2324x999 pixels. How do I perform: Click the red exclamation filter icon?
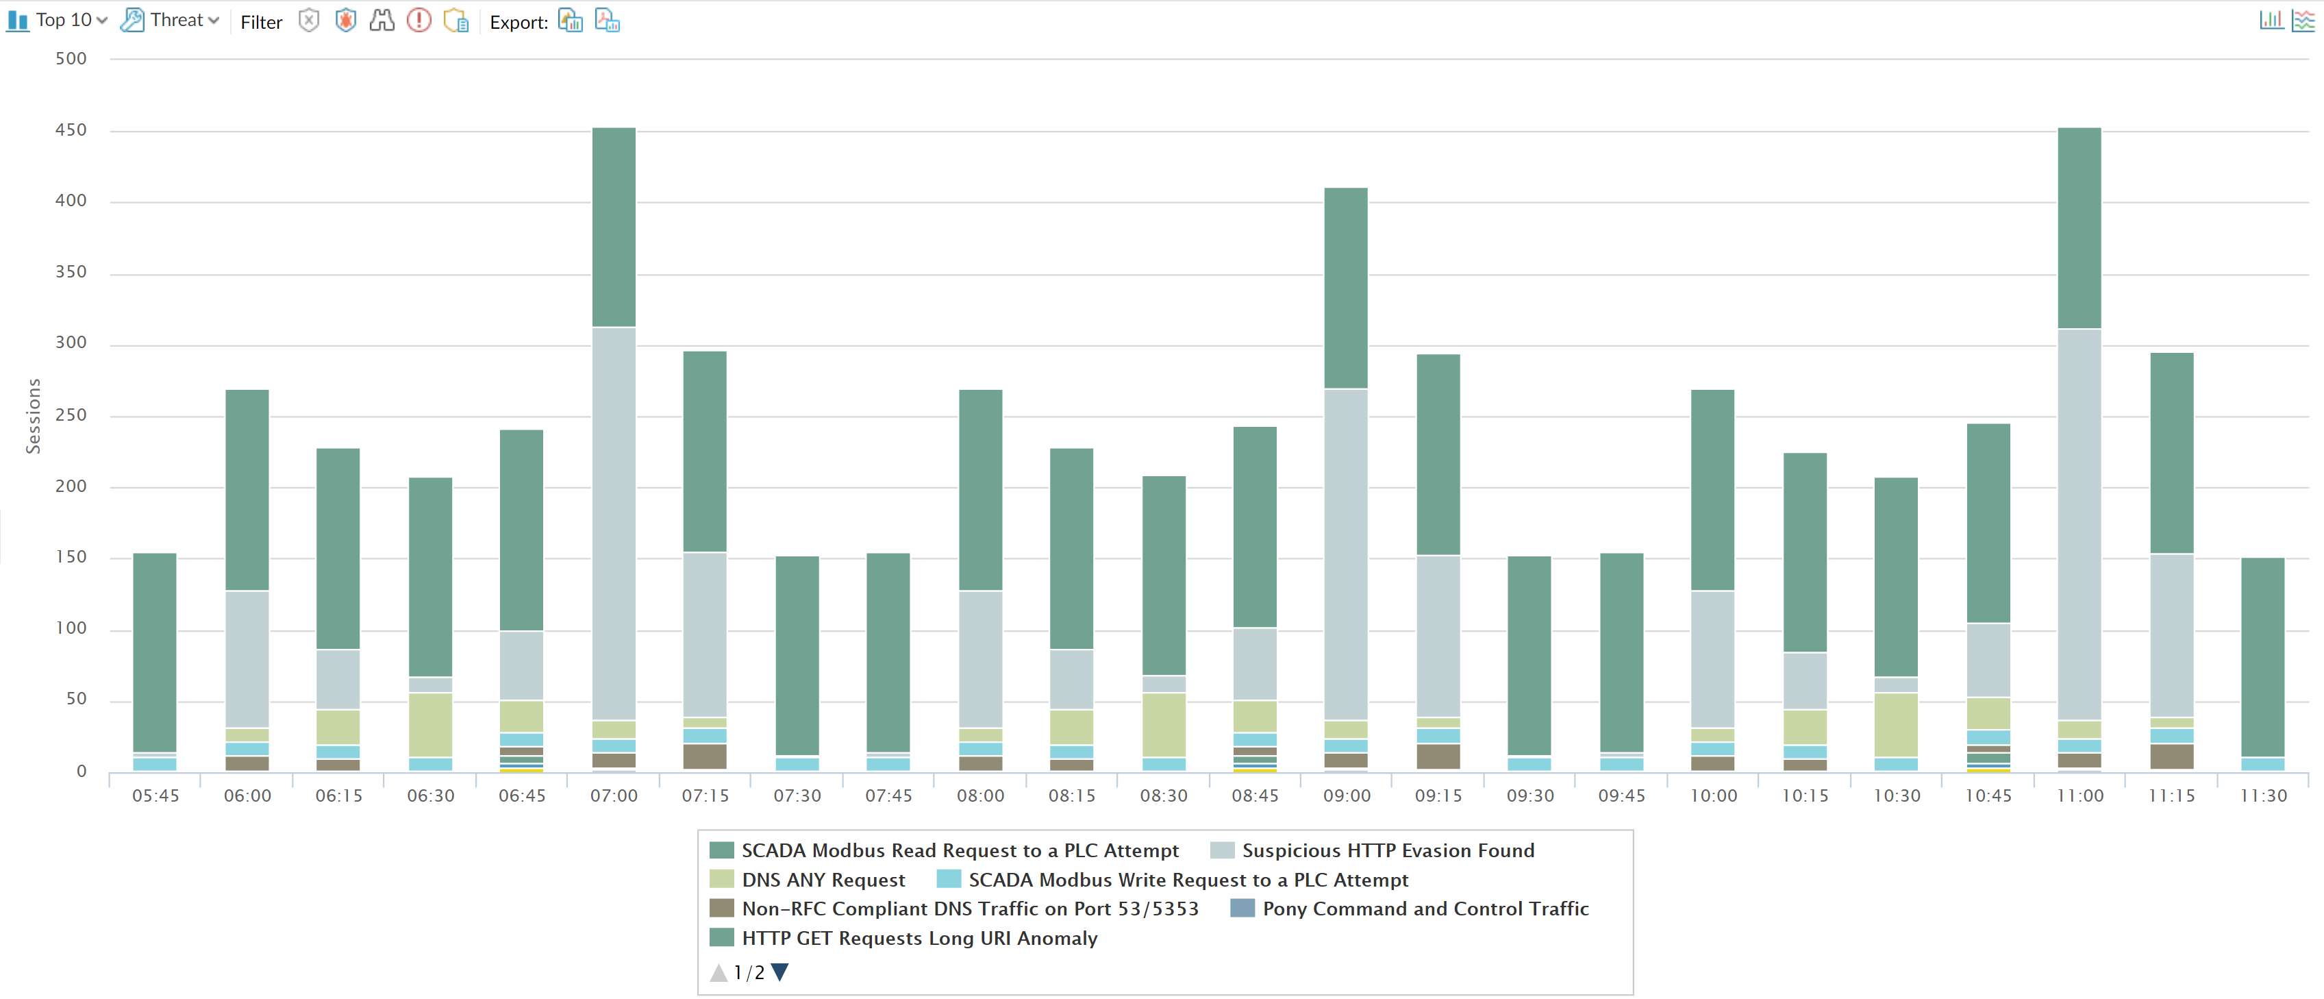pyautogui.click(x=418, y=20)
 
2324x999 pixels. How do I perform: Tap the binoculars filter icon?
pyautogui.click(x=382, y=20)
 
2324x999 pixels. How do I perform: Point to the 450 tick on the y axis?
pyautogui.click(x=71, y=130)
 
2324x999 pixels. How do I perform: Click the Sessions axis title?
pyautogui.click(x=34, y=415)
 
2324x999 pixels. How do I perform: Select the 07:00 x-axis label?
pyautogui.click(x=614, y=795)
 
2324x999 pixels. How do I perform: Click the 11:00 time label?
pyautogui.click(x=2079, y=795)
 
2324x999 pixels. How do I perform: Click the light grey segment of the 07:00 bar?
pyautogui.click(x=614, y=523)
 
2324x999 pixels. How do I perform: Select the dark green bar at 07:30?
pyautogui.click(x=797, y=654)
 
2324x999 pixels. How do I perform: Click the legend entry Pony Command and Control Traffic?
pyautogui.click(x=1425, y=909)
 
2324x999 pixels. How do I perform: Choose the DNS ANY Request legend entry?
pyautogui.click(x=823, y=880)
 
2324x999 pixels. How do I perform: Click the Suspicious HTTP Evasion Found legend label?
pyautogui.click(x=1388, y=850)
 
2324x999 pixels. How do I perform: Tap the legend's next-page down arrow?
pyautogui.click(x=780, y=972)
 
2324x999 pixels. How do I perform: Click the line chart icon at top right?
pyautogui.click(x=2302, y=20)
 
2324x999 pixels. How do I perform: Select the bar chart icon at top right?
pyautogui.click(x=2271, y=20)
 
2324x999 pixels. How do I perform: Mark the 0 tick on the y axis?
pyautogui.click(x=82, y=771)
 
